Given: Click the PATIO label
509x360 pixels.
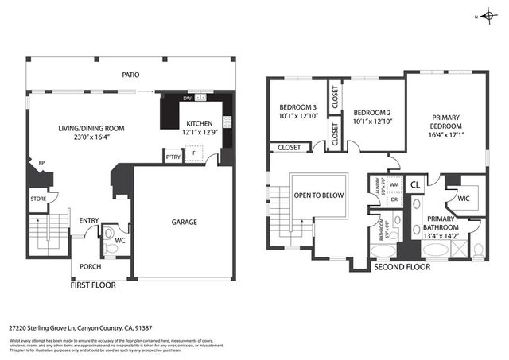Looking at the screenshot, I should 130,75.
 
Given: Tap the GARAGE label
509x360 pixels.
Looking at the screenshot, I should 184,222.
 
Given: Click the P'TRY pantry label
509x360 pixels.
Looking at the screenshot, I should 171,157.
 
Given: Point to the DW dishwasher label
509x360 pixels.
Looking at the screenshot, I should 186,98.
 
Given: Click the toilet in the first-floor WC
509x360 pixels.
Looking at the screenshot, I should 111,248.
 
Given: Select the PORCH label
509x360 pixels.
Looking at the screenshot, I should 90,266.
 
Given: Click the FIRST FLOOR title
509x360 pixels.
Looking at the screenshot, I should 93,284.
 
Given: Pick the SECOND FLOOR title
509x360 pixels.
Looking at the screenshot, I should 402,267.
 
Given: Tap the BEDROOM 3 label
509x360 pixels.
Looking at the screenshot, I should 297,108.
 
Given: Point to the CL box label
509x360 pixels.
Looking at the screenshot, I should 414,185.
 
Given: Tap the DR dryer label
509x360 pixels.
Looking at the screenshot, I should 394,199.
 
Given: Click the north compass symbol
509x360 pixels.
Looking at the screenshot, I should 486,16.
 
